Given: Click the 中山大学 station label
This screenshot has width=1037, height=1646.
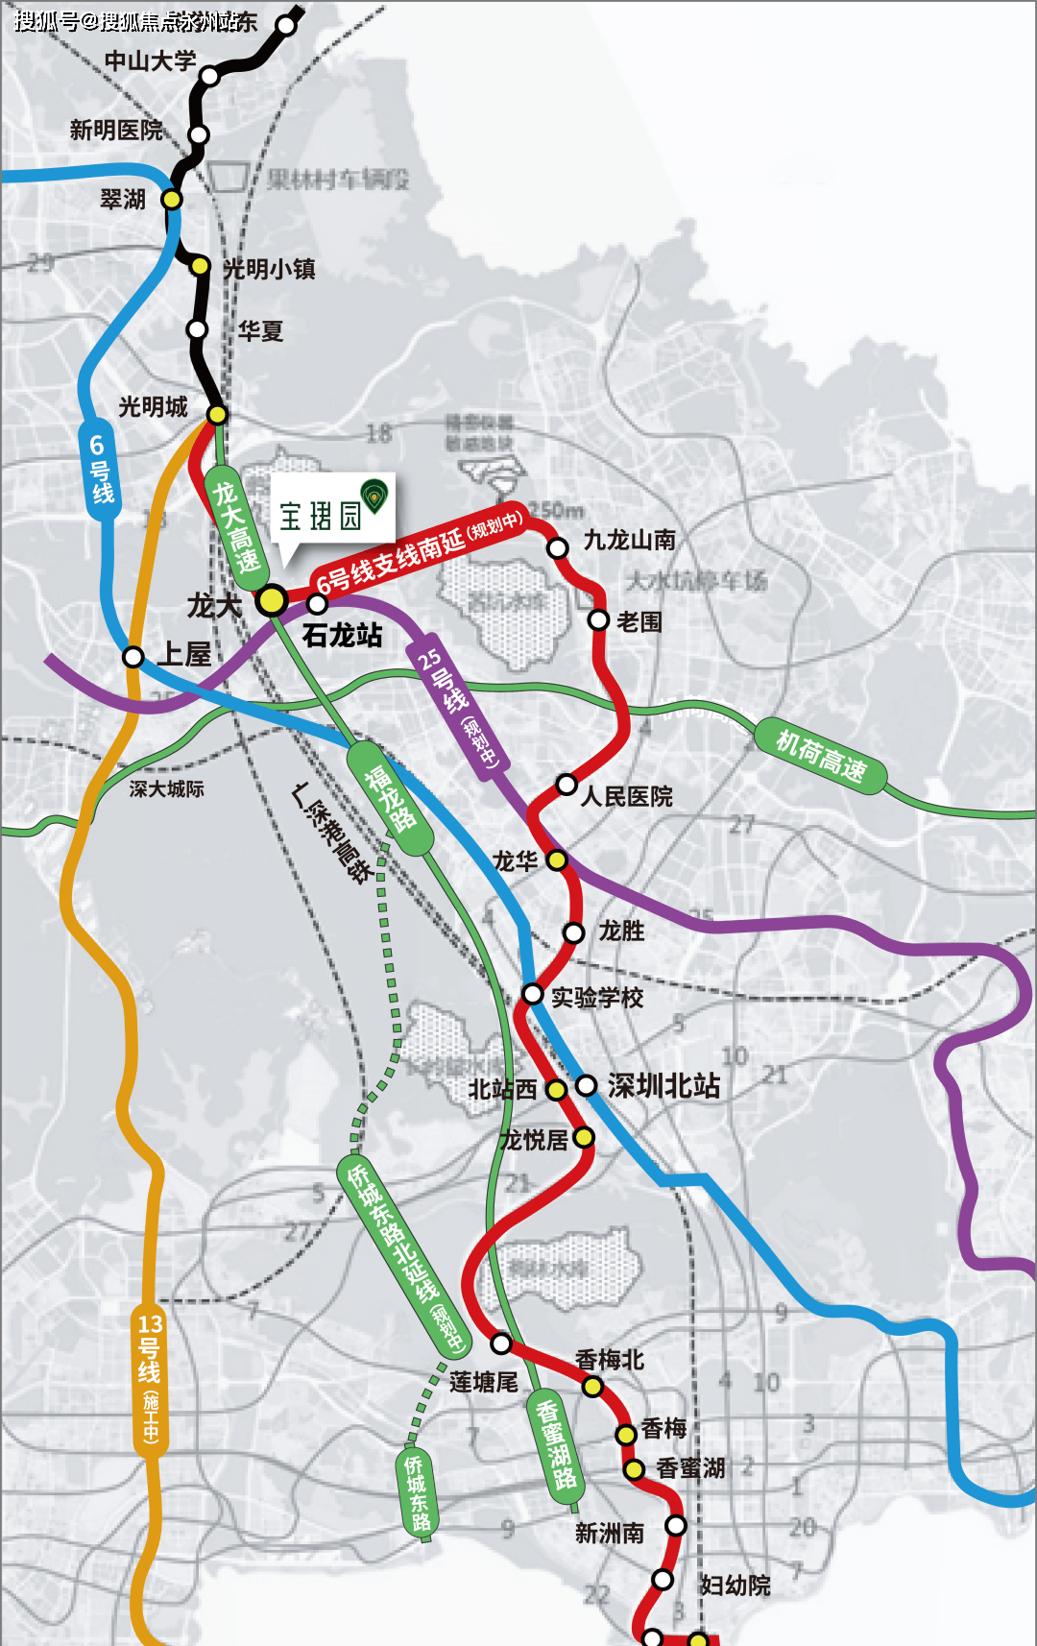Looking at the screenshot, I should pyautogui.click(x=150, y=61).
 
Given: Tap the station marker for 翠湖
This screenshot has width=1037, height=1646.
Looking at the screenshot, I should pyautogui.click(x=171, y=199).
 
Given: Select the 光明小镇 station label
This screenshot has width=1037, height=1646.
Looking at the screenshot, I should pyautogui.click(x=269, y=269).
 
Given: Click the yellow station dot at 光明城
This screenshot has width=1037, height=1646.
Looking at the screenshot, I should pyautogui.click(x=218, y=414).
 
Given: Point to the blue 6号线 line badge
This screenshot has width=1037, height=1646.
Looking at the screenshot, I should pyautogui.click(x=100, y=470).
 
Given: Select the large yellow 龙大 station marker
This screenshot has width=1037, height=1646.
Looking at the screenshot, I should pyautogui.click(x=272, y=600).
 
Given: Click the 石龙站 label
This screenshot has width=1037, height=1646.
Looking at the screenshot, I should pyautogui.click(x=342, y=635).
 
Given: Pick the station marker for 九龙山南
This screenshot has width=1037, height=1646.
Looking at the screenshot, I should pyautogui.click(x=558, y=547).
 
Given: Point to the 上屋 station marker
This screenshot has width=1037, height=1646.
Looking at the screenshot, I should pyautogui.click(x=133, y=657).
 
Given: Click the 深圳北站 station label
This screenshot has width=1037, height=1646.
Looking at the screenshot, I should pyautogui.click(x=663, y=1086).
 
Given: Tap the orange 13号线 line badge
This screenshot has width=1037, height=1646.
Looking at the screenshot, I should pyautogui.click(x=150, y=1379).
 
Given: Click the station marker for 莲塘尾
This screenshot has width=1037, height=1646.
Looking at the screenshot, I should pyautogui.click(x=501, y=1343).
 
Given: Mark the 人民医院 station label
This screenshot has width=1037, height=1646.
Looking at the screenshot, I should pyautogui.click(x=627, y=796).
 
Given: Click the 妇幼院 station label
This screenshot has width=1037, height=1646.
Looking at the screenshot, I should pyautogui.click(x=735, y=1585).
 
